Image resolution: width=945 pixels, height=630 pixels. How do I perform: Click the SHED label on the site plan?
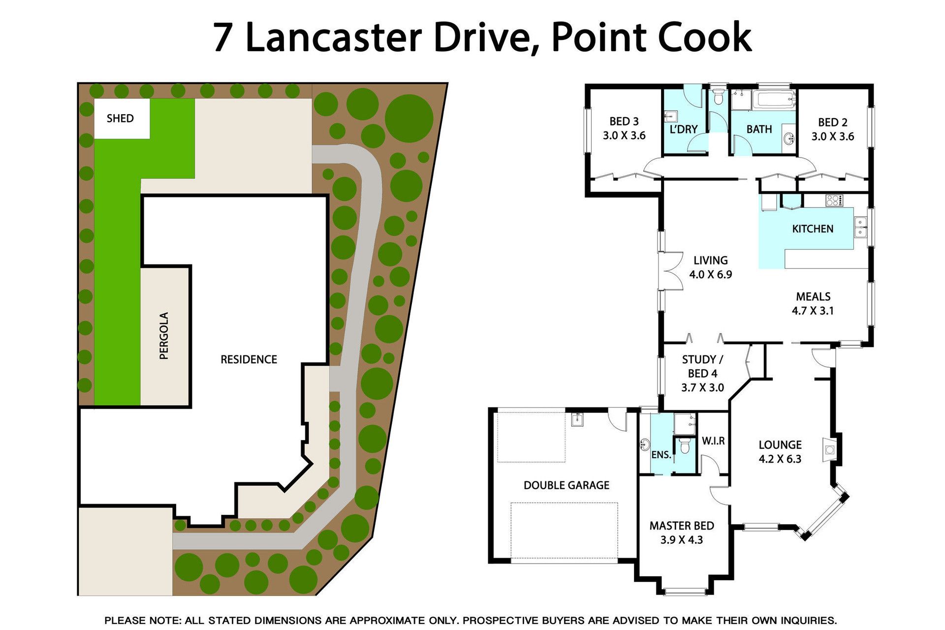[x=120, y=119]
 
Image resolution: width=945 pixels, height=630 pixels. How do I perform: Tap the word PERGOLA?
[x=164, y=336]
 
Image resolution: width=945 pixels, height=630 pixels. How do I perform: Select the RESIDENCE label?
[x=249, y=360]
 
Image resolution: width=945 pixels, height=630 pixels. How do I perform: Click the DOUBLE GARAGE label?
[x=567, y=485]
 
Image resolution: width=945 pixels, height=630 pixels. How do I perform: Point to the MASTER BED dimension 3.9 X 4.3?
[x=682, y=540]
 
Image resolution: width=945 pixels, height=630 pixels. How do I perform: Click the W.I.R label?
[x=713, y=441]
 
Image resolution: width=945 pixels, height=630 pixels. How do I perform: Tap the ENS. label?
[x=661, y=455]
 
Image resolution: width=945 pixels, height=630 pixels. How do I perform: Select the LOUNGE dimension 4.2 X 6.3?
[x=780, y=459]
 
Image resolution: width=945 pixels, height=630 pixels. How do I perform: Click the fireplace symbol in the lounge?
[x=829, y=449]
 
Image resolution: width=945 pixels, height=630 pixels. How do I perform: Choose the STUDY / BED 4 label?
[x=702, y=367]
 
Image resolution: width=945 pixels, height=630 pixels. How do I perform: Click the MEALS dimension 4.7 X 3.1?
[x=813, y=311]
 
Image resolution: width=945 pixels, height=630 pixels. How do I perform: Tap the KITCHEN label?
[x=813, y=229]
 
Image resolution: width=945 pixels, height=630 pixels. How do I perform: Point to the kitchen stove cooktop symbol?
[x=834, y=200]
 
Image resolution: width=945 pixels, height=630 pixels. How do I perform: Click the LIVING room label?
[x=710, y=260]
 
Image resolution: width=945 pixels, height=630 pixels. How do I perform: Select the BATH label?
[x=759, y=129]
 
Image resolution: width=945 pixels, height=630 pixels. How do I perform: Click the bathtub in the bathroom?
[x=774, y=99]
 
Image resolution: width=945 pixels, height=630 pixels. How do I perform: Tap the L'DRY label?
[x=684, y=129]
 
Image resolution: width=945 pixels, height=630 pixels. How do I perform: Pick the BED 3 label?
[x=624, y=122]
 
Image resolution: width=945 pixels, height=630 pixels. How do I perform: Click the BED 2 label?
[x=833, y=123]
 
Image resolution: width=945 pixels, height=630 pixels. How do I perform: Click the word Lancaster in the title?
[x=333, y=38]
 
